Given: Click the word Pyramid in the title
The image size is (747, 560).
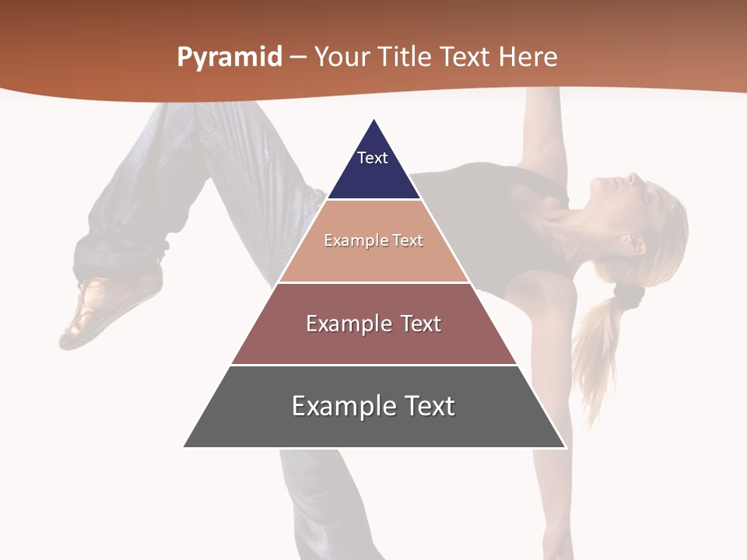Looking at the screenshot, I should [229, 58].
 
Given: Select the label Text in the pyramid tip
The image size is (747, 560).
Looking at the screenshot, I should [372, 158].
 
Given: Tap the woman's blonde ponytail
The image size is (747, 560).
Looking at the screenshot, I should [595, 350].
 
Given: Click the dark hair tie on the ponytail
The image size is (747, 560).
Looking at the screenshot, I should [626, 293].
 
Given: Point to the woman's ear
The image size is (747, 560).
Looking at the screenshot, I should [633, 243].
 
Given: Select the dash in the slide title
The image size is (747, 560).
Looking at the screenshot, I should [298, 58].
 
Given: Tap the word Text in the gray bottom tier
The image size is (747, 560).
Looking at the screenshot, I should [427, 406].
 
